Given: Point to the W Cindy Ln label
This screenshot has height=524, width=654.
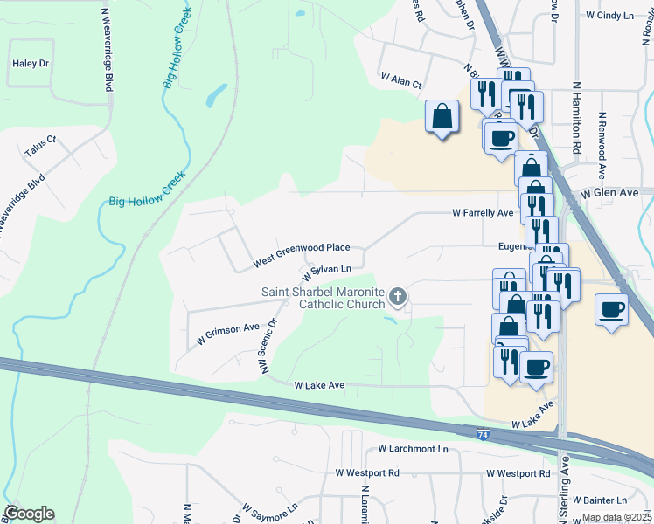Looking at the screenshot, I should [609, 16].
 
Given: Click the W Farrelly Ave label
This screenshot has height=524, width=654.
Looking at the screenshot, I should [482, 212].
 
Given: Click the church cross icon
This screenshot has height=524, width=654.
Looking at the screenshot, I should [398, 298].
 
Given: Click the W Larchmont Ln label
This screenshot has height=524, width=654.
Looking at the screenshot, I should [413, 449].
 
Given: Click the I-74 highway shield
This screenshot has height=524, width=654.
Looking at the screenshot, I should [483, 434].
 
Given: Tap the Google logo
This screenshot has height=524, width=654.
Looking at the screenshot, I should [29, 514].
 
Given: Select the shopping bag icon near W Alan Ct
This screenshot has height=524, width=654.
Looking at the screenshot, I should [442, 116].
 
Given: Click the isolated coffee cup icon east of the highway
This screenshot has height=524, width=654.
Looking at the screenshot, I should [612, 308].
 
